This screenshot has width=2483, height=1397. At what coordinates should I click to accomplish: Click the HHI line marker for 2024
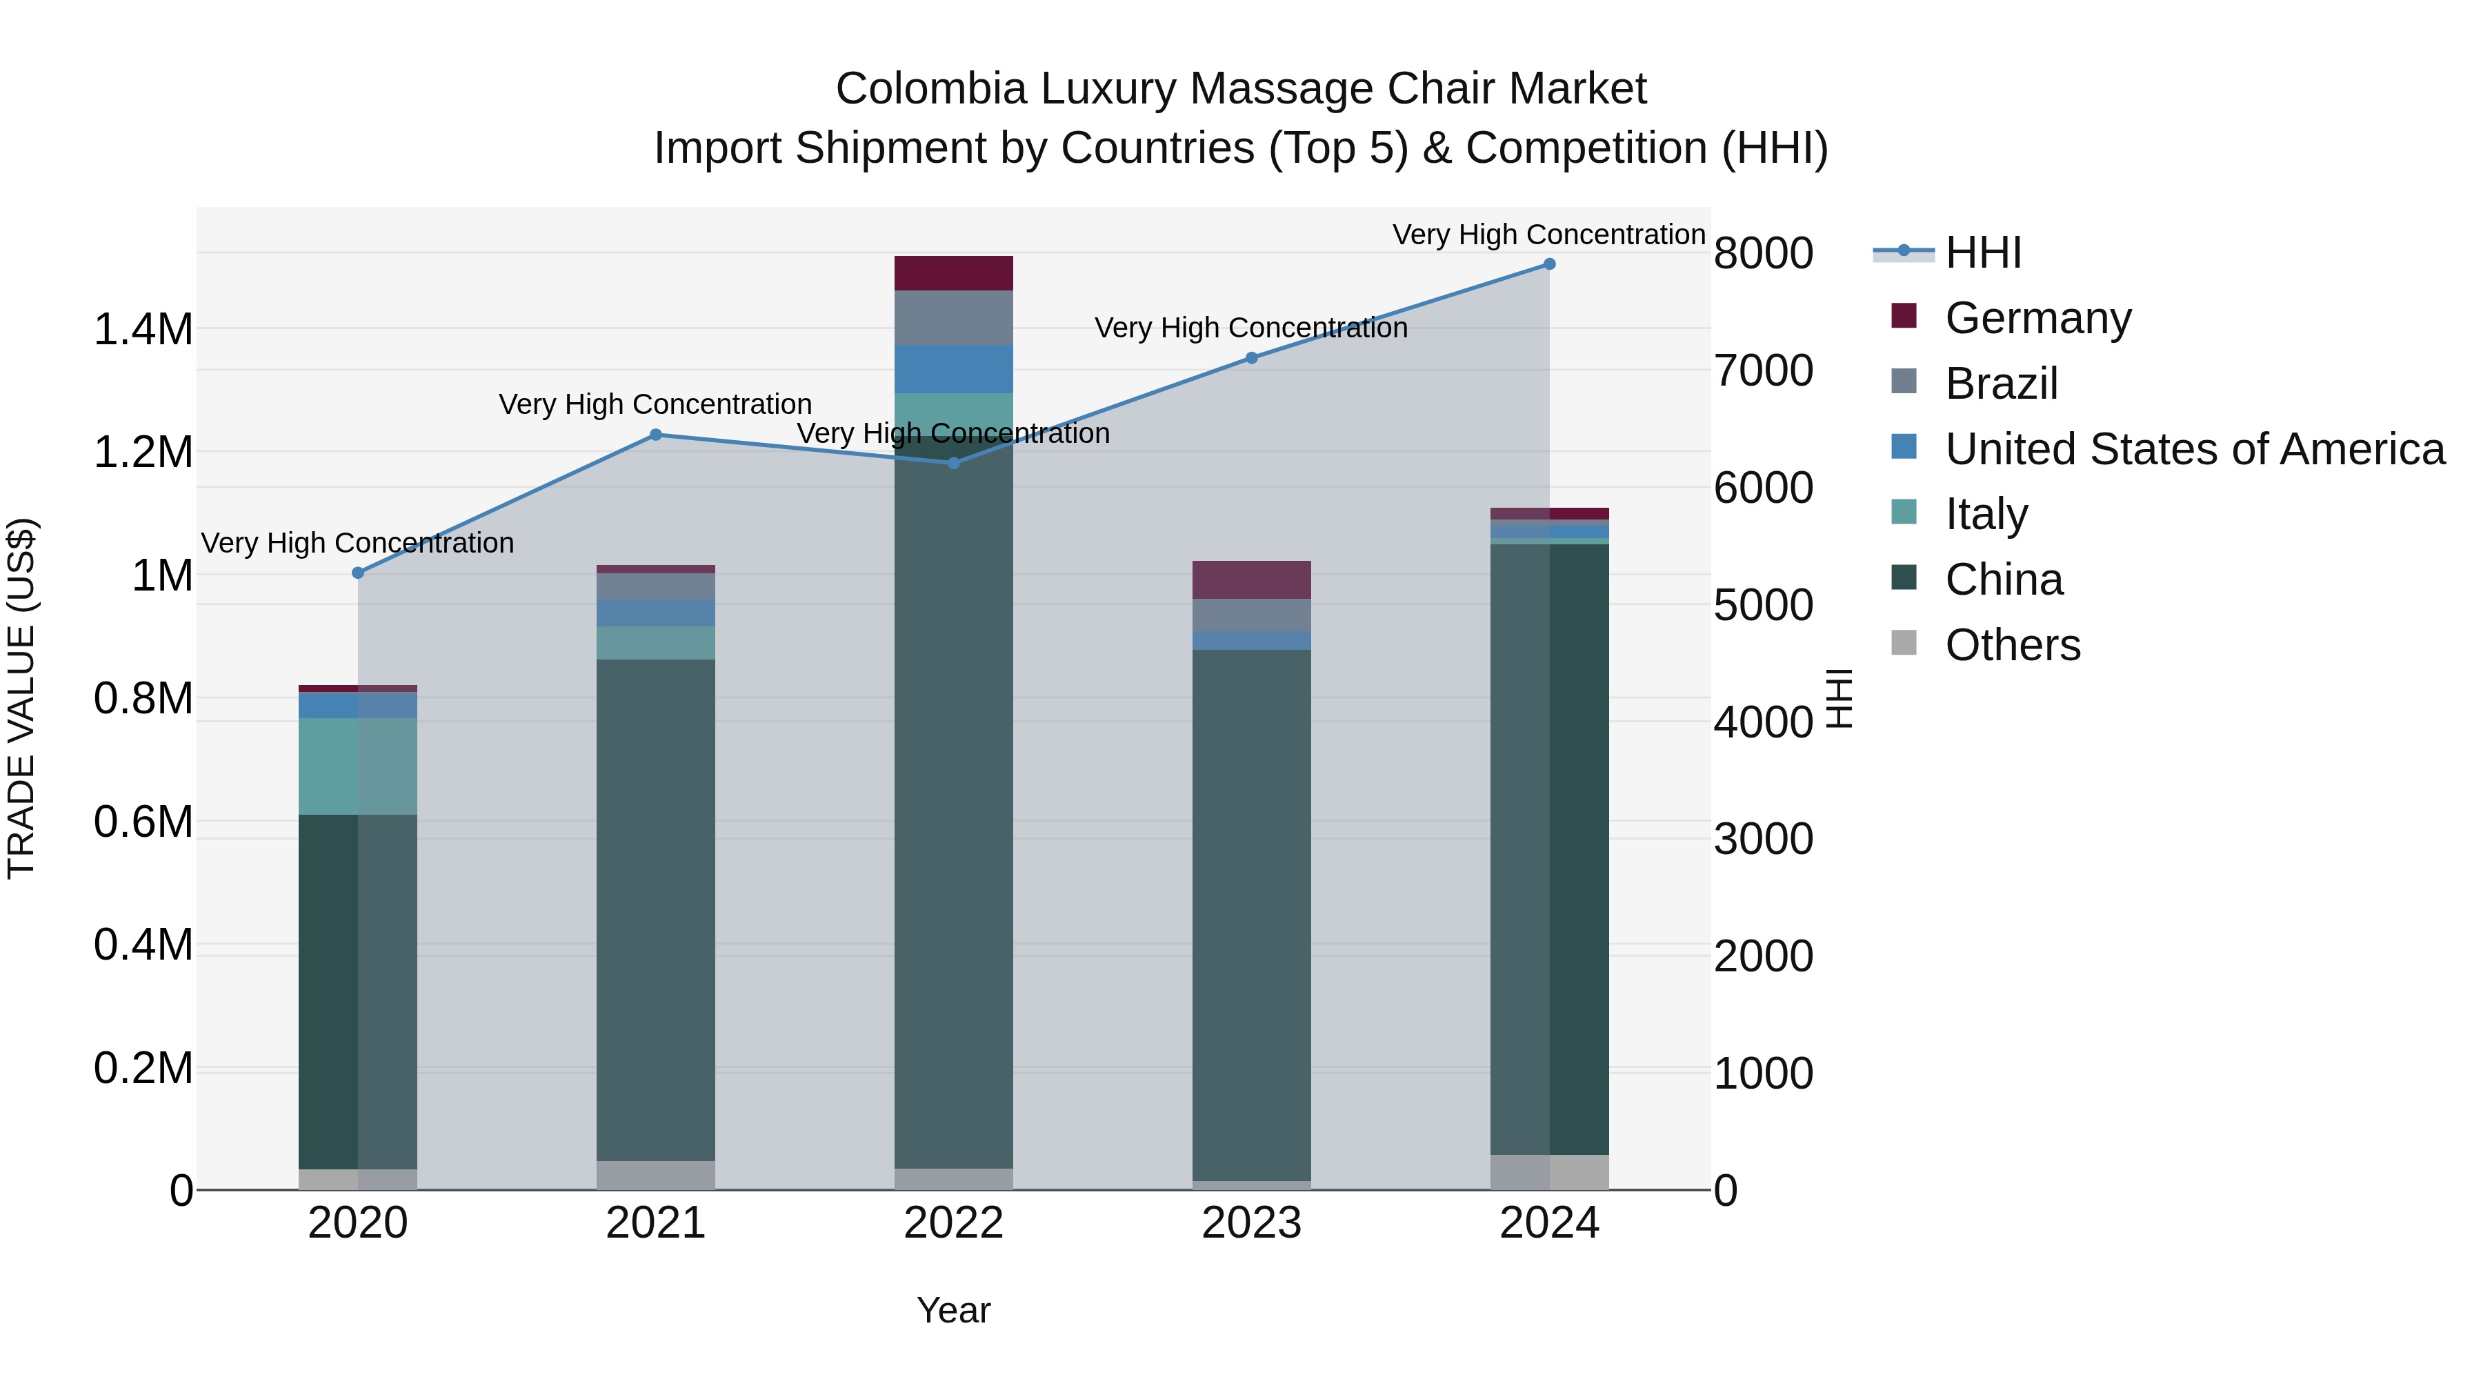pyautogui.click(x=1549, y=264)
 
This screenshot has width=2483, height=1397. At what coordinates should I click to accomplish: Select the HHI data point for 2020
pyautogui.click(x=357, y=573)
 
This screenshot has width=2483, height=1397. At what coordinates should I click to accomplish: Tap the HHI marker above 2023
pyautogui.click(x=1251, y=357)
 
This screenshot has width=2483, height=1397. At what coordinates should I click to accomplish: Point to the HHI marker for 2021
pyautogui.click(x=655, y=435)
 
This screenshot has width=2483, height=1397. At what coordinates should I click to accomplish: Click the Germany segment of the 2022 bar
pyautogui.click(x=953, y=273)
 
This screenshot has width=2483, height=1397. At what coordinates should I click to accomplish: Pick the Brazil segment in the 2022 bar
pyautogui.click(x=953, y=317)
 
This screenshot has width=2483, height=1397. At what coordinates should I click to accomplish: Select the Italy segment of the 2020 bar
pyautogui.click(x=357, y=766)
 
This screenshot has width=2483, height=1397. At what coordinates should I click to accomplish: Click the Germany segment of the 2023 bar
pyautogui.click(x=1251, y=579)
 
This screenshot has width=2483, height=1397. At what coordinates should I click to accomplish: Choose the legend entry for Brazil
pyautogui.click(x=2001, y=384)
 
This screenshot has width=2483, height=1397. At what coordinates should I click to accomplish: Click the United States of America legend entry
pyautogui.click(x=2194, y=449)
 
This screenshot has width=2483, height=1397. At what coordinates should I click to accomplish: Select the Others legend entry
pyautogui.click(x=2012, y=645)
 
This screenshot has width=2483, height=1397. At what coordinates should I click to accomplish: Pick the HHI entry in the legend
pyautogui.click(x=1982, y=252)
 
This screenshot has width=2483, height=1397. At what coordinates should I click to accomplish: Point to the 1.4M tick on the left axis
pyautogui.click(x=143, y=330)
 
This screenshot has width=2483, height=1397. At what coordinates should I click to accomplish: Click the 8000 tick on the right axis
pyautogui.click(x=1763, y=254)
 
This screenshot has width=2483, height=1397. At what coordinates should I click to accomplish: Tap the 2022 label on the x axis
pyautogui.click(x=953, y=1223)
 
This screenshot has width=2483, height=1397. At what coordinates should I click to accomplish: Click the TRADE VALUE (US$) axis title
pyautogui.click(x=21, y=698)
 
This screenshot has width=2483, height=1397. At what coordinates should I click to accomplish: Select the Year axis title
pyautogui.click(x=953, y=1310)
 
